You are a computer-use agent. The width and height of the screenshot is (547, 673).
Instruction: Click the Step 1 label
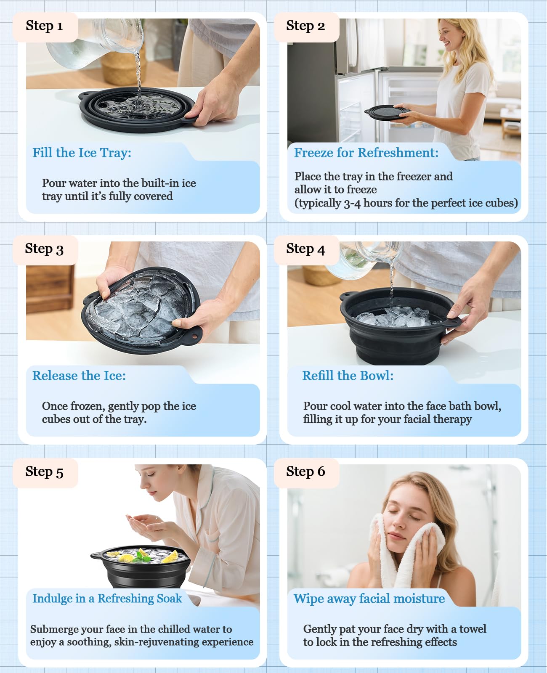(x=44, y=26)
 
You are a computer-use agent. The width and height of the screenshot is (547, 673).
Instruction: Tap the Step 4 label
(x=305, y=249)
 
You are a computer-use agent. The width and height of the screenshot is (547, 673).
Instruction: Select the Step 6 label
(x=305, y=472)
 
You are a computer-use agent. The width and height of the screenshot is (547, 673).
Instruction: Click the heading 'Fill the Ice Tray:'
(x=82, y=153)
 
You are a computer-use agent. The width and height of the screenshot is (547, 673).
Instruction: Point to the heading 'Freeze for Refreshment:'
(x=366, y=153)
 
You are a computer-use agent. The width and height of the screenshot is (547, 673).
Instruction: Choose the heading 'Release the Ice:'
(x=79, y=376)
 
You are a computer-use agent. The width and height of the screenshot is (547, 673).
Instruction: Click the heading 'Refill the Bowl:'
(x=348, y=376)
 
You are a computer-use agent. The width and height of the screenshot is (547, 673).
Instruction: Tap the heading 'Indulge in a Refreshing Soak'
(x=107, y=599)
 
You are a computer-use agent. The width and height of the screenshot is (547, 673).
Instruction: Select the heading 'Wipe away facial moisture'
(x=369, y=599)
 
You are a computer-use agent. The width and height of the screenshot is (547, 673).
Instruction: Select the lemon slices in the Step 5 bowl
(x=126, y=558)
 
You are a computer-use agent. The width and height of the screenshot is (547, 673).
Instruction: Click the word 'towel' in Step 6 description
(x=473, y=629)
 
